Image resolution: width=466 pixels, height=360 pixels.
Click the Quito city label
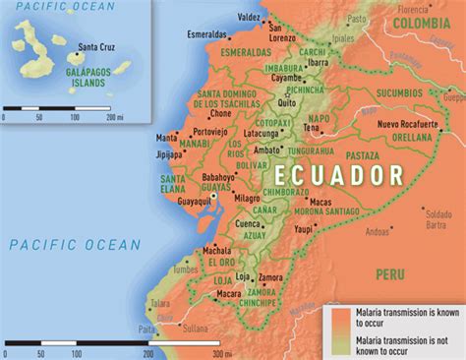(287, 101)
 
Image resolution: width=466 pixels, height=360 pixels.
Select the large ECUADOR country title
(340, 175)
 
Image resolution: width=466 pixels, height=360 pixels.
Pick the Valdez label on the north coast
(250, 18)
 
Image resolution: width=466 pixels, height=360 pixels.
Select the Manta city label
(166, 137)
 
